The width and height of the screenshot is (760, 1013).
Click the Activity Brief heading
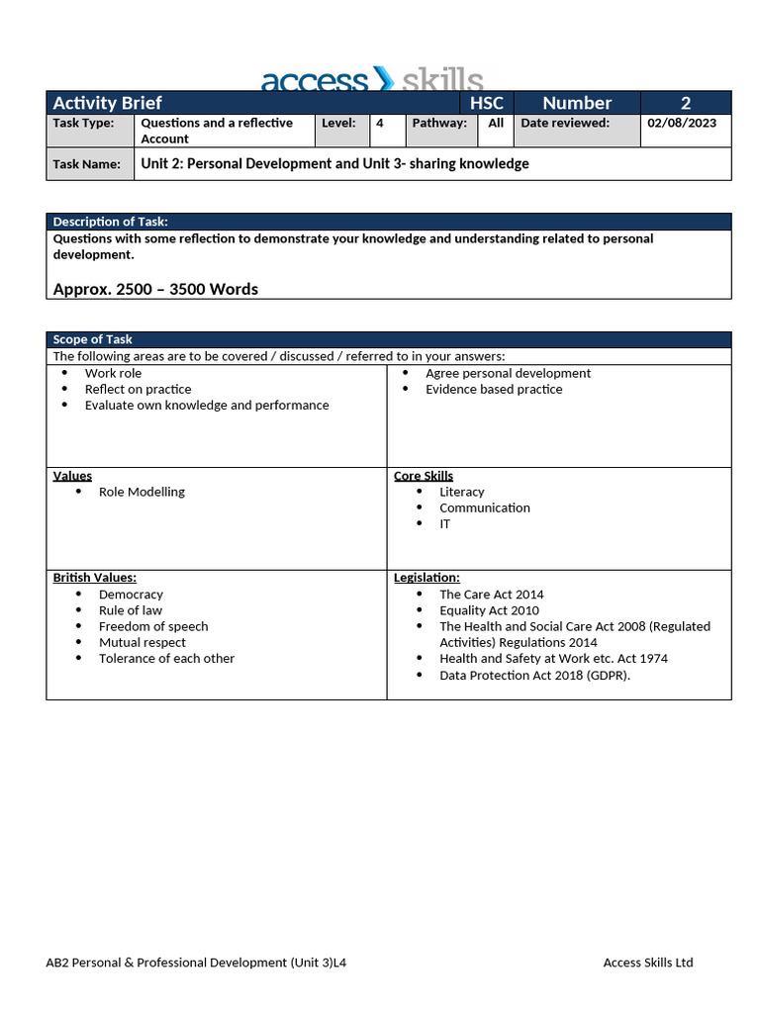coord(107,103)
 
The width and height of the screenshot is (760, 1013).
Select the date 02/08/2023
coord(682,124)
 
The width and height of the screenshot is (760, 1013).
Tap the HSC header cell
coord(486,103)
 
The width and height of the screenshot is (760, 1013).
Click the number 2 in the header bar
coord(685,103)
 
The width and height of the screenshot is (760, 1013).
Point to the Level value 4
coord(380,124)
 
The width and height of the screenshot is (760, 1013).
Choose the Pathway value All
coord(496,124)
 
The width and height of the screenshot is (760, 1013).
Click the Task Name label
coord(87,164)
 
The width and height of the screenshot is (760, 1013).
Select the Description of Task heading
coord(110,222)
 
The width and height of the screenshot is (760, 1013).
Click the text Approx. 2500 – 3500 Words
coord(155,289)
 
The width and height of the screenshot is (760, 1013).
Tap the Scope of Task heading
coord(92,339)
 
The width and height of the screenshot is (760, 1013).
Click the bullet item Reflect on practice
coord(138,389)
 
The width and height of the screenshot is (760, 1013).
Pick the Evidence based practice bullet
coord(494,389)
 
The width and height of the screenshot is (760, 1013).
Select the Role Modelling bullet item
coord(142,492)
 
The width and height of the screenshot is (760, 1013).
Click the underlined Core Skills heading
coord(424,476)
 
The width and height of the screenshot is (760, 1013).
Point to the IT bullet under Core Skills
coord(444,523)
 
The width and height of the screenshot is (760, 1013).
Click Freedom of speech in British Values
coord(153,626)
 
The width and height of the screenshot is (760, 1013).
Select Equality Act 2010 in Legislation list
coord(489,610)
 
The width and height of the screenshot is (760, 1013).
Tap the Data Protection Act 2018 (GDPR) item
coord(534,675)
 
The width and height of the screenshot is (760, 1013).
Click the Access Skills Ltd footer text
coord(648,963)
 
